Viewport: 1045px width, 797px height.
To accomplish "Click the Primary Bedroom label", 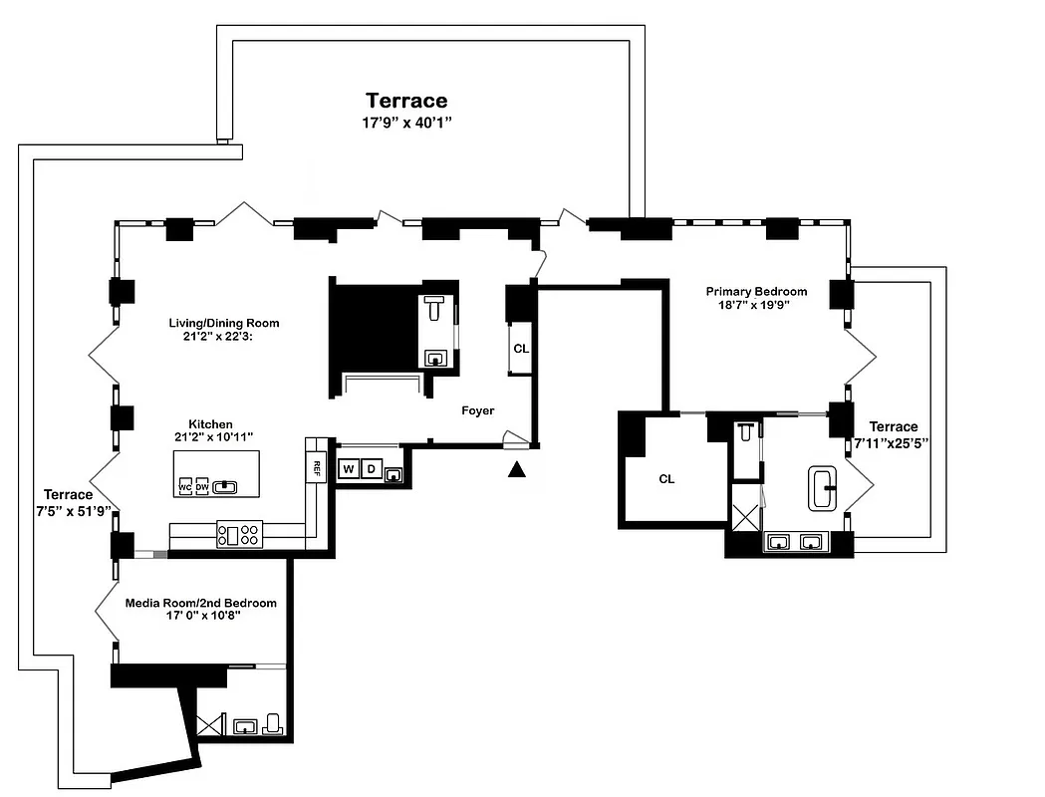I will pyautogui.click(x=756, y=291).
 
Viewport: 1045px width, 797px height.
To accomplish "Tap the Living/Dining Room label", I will pyautogui.click(x=224, y=323).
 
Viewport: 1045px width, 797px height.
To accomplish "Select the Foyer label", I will pyautogui.click(x=477, y=410).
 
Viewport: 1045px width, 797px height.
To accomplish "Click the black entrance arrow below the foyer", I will pyautogui.click(x=516, y=470).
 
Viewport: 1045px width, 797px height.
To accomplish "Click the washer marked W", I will pyautogui.click(x=349, y=469).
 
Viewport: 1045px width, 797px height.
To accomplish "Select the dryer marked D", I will pyautogui.click(x=371, y=469).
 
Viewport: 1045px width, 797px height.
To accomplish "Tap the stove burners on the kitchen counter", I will pyautogui.click(x=239, y=536).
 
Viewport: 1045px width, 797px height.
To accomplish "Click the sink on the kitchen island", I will pyautogui.click(x=226, y=486).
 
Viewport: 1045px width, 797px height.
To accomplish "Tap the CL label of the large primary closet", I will pyautogui.click(x=666, y=479).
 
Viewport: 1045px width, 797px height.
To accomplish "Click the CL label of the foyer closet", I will pyautogui.click(x=521, y=349).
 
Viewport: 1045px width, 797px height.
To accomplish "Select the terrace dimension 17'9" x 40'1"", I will pyautogui.click(x=406, y=124).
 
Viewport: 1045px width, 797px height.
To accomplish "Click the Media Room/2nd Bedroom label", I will pyautogui.click(x=200, y=603).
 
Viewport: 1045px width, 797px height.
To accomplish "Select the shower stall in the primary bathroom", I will pyautogui.click(x=745, y=517).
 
